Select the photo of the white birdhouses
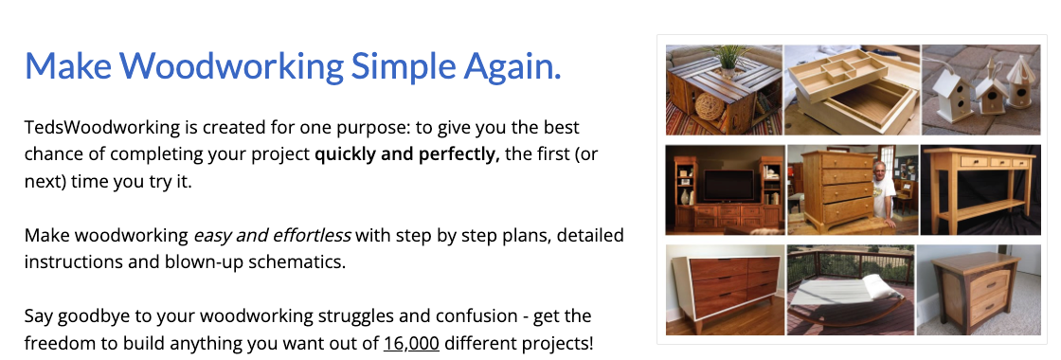980,89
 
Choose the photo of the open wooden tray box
852,89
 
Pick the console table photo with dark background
980,189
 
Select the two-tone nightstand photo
980,290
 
